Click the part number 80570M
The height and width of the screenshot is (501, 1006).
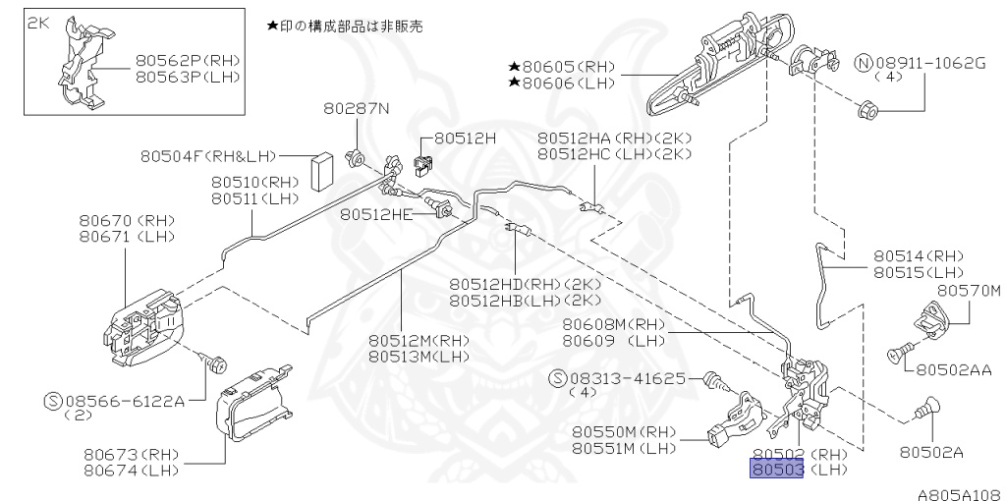pos(968,291)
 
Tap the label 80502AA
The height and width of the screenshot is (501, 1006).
pos(955,369)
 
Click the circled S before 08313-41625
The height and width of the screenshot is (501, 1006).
pos(559,377)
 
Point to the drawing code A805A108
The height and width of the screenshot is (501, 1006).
pos(960,494)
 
